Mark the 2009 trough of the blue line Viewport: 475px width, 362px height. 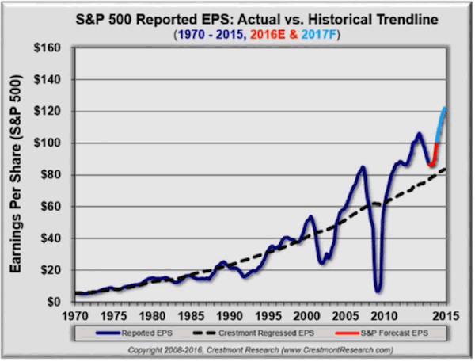pos(378,289)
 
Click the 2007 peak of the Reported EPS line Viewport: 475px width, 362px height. pos(362,167)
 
